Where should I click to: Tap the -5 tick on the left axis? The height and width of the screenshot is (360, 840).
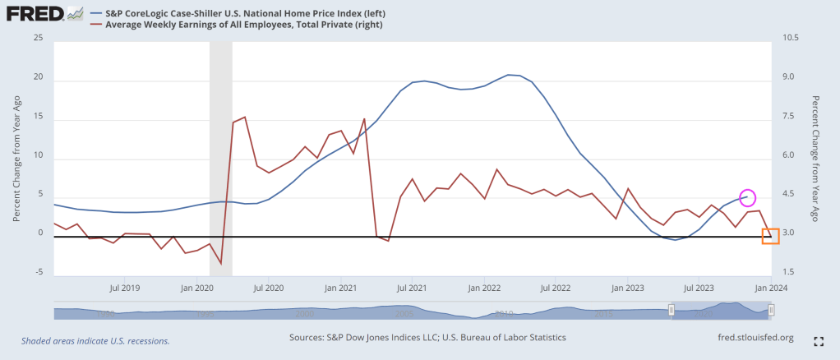click(38, 272)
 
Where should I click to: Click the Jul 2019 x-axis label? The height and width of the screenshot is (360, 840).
click(125, 288)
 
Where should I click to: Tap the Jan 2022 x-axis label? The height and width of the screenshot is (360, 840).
click(485, 288)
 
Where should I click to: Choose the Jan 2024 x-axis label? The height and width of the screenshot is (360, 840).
click(772, 288)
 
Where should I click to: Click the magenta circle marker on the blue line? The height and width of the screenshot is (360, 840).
click(747, 197)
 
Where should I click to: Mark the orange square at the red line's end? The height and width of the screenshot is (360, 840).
click(770, 236)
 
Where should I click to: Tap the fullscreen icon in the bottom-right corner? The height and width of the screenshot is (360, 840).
click(819, 340)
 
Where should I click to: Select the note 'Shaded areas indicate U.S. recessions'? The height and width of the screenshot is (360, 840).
click(95, 340)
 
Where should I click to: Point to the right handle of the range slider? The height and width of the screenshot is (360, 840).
click(771, 310)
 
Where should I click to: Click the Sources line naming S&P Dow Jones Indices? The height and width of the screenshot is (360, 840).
click(427, 338)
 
